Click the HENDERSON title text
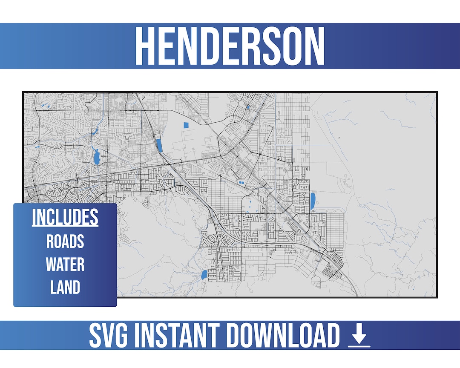230,46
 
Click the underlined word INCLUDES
65,218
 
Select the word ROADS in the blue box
65,241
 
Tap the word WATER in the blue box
65,264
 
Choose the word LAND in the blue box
65,287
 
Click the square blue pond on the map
185,125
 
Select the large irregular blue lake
97,157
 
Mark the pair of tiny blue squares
241,182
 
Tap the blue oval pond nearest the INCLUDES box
204,275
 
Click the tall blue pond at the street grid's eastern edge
313,201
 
